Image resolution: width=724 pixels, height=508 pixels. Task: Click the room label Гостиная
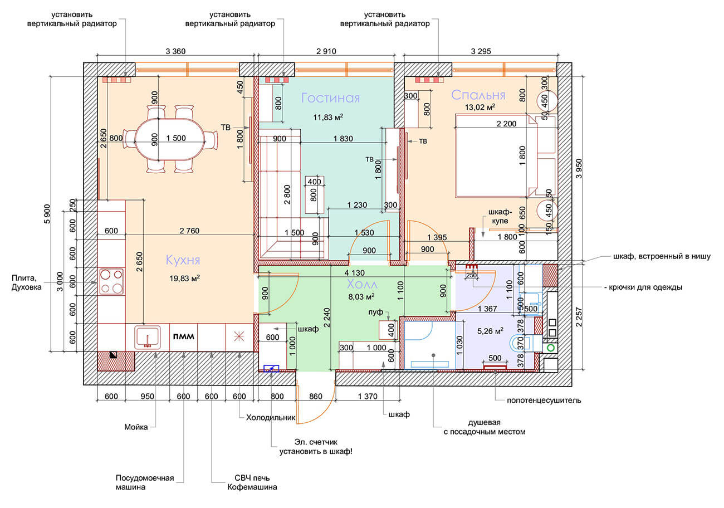[x=330, y=98]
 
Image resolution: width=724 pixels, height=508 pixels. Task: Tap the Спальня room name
[x=478, y=95]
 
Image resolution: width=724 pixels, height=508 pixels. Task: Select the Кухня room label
[x=183, y=260]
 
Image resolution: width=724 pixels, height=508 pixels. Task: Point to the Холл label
[x=362, y=284]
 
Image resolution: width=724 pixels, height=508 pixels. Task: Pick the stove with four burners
[x=111, y=281]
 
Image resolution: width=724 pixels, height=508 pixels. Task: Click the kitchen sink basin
[x=148, y=337]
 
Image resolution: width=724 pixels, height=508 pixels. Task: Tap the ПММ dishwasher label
[x=184, y=336]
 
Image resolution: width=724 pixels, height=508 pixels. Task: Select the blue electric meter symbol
[x=271, y=368]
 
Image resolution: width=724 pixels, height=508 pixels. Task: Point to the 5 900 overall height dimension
[x=47, y=214]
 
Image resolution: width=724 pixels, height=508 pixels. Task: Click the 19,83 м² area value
[x=184, y=278]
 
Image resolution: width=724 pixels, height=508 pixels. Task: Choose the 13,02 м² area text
[x=480, y=107]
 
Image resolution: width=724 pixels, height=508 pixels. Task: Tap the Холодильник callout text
[x=271, y=417]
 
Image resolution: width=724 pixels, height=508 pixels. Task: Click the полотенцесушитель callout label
[x=544, y=400]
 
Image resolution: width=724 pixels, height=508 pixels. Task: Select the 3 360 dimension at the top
[x=175, y=51]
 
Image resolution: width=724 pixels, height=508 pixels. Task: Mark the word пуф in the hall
[x=375, y=312]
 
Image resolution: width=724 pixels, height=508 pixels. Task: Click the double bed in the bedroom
[x=506, y=155]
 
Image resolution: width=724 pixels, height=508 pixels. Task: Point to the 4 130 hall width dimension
[x=355, y=273]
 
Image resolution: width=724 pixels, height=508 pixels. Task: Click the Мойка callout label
[x=136, y=427]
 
